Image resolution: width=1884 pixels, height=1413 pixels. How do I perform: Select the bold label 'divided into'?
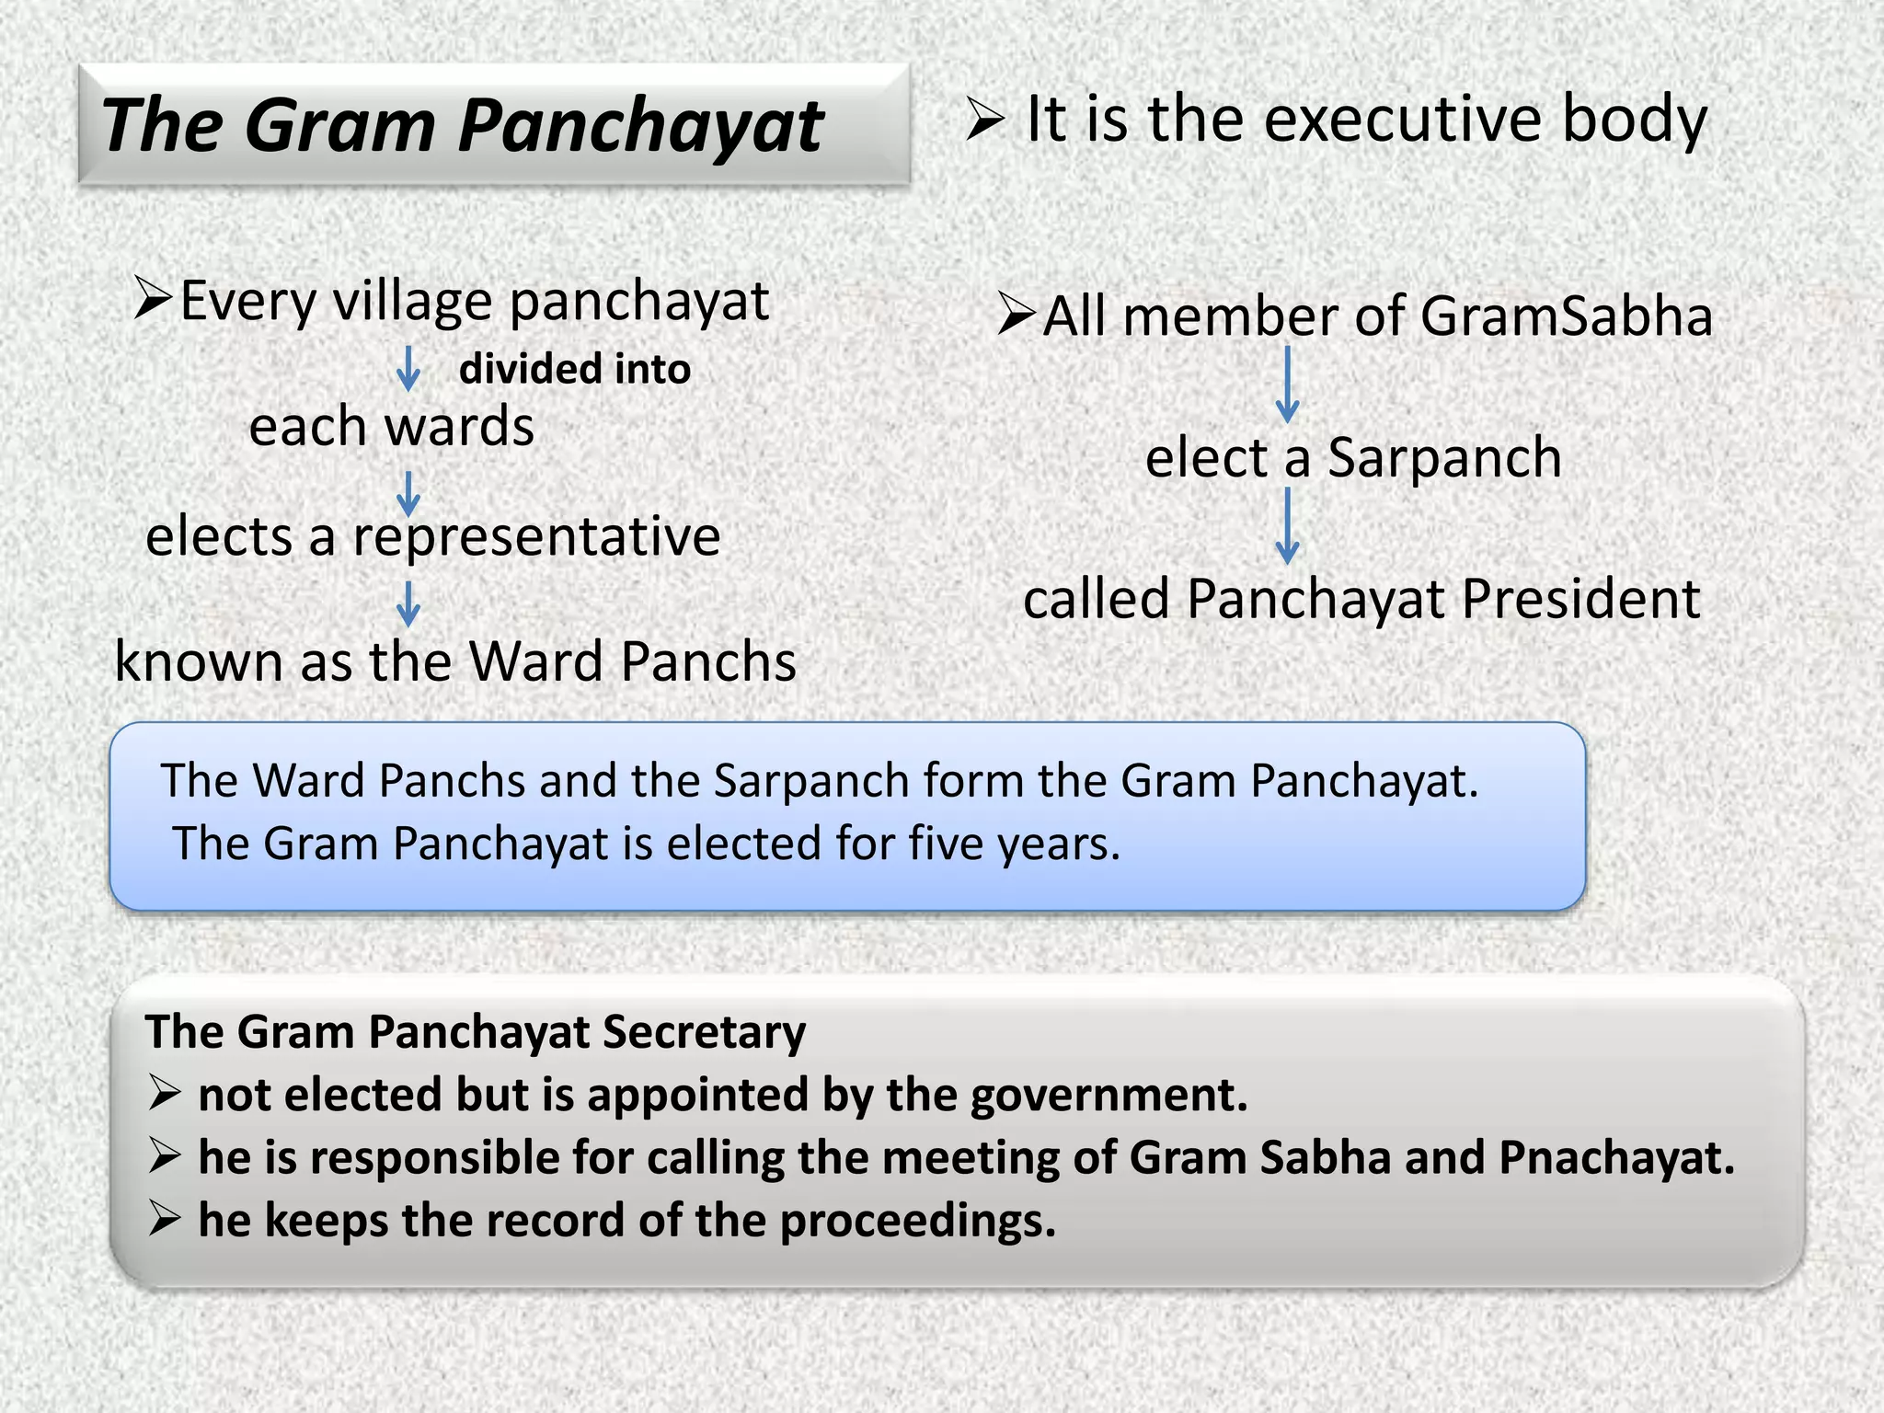point(575,369)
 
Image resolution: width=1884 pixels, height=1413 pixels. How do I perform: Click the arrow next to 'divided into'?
point(408,369)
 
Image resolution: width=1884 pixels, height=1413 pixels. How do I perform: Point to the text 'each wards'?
point(392,427)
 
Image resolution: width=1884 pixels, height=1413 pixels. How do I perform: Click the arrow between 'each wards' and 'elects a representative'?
point(408,494)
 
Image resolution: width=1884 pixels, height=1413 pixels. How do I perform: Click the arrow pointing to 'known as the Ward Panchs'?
point(408,603)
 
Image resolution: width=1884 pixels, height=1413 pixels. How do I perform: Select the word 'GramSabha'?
point(1566,316)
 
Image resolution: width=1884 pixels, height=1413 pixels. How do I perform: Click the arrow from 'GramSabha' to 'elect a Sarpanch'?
point(1288,385)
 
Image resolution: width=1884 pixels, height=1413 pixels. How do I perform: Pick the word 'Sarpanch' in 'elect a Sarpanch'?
point(1444,458)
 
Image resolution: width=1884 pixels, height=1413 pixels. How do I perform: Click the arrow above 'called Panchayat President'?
point(1288,525)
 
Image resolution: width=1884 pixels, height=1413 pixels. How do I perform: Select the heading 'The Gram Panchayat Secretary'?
point(476,1031)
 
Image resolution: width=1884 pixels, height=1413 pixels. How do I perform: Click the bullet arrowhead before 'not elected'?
point(165,1094)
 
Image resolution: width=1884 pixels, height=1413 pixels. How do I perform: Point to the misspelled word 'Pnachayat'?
point(1616,1157)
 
